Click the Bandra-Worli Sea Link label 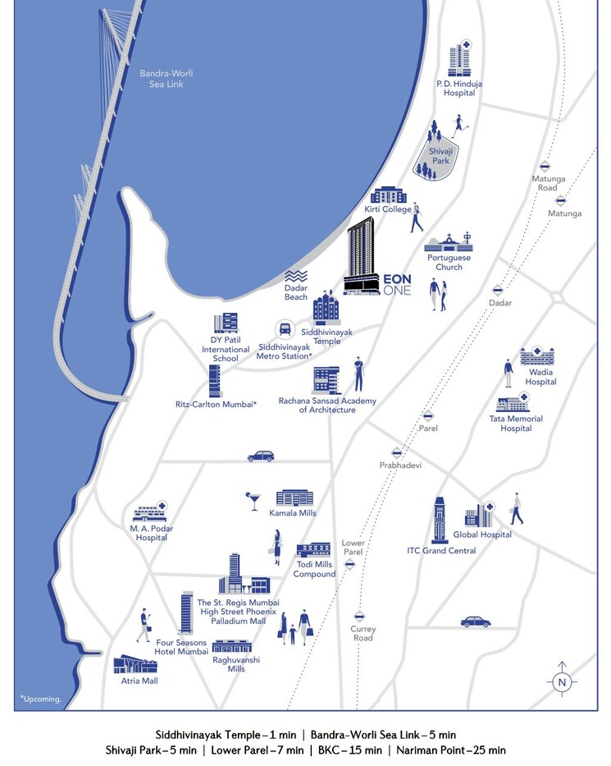(x=166, y=78)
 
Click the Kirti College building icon (x=389, y=195)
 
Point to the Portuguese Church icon (x=449, y=242)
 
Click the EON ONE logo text (x=398, y=284)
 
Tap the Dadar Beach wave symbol (x=296, y=277)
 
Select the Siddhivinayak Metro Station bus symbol (x=285, y=330)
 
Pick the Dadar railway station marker (x=497, y=290)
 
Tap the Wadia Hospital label (x=540, y=377)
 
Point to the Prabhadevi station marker (x=397, y=452)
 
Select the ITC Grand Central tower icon (x=440, y=520)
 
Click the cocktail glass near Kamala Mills (x=253, y=500)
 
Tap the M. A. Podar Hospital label (x=153, y=533)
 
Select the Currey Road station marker (x=359, y=616)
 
